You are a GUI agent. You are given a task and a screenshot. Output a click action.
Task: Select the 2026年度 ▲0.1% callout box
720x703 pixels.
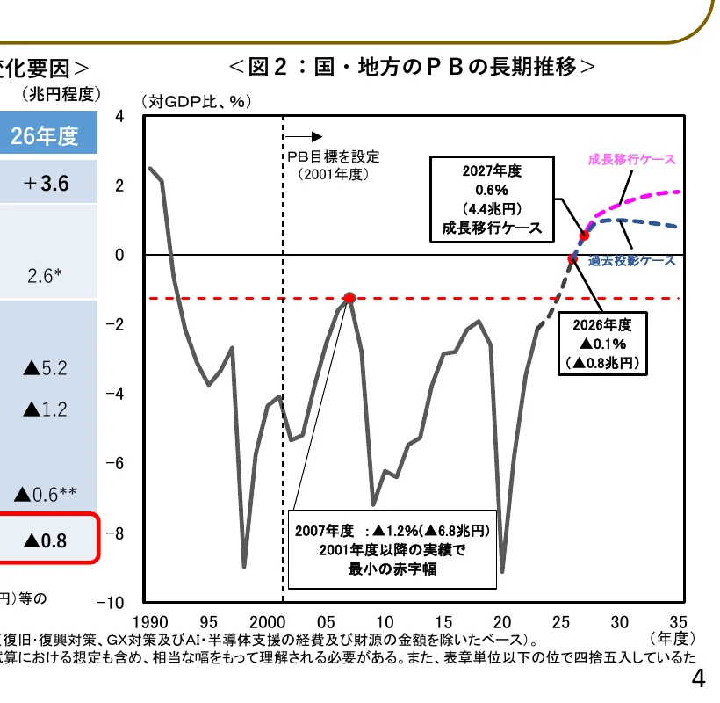coord(602,343)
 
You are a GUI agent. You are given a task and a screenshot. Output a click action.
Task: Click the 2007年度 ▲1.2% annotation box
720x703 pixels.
coord(392,549)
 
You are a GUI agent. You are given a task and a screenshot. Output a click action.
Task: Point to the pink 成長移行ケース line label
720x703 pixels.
coord(631,159)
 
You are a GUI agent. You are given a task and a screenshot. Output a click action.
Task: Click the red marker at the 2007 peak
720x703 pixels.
coord(349,298)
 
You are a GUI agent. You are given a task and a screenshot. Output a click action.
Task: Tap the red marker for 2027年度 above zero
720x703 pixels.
coord(584,236)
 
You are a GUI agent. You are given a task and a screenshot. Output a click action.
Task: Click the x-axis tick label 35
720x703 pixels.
coord(677,620)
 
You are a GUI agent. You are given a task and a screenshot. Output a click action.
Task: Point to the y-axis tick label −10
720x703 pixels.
coord(115,604)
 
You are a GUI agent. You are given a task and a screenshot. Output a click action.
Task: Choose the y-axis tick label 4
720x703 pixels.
coord(120,117)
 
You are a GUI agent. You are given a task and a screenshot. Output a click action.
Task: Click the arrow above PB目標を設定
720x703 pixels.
coord(304,137)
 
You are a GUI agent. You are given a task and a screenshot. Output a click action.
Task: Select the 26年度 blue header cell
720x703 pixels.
coord(45,136)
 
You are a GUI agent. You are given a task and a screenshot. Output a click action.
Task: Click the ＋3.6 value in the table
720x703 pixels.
coord(47,185)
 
